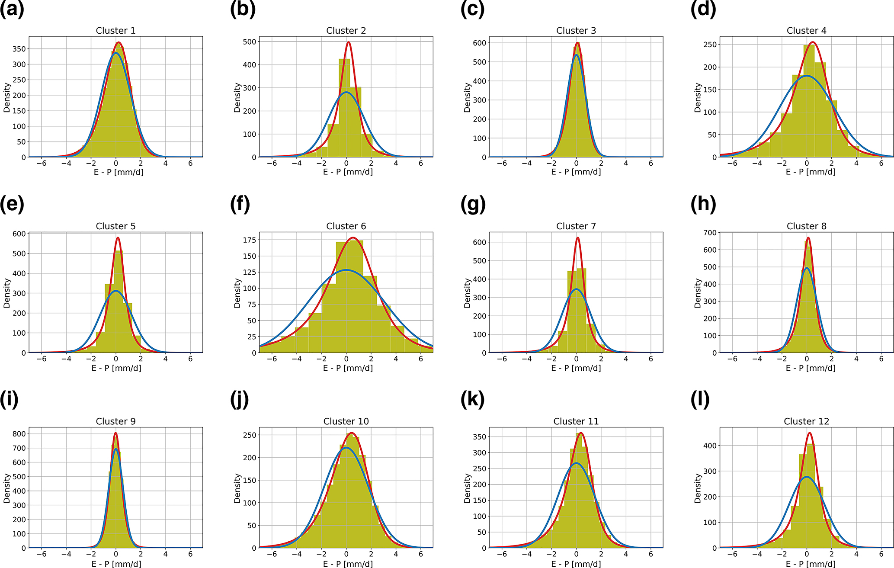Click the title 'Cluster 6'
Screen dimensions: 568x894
click(x=346, y=226)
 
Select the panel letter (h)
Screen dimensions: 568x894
click(x=703, y=204)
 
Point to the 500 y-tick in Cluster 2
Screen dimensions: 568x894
click(x=250, y=42)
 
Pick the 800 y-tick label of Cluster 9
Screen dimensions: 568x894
click(x=19, y=434)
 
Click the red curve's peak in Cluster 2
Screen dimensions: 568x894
click(x=349, y=42)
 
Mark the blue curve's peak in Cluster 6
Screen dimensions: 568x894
click(x=346, y=270)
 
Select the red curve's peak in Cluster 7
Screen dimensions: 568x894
click(x=578, y=237)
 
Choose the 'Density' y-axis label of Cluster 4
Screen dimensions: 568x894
click(x=698, y=98)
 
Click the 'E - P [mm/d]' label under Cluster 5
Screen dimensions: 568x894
click(x=116, y=368)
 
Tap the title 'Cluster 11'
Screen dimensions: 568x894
click(x=576, y=421)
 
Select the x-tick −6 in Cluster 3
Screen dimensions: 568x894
click(x=502, y=164)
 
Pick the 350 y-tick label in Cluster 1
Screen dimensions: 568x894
click(x=19, y=49)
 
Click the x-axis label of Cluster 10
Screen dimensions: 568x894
click(x=348, y=564)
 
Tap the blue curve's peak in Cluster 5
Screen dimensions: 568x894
click(x=115, y=291)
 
